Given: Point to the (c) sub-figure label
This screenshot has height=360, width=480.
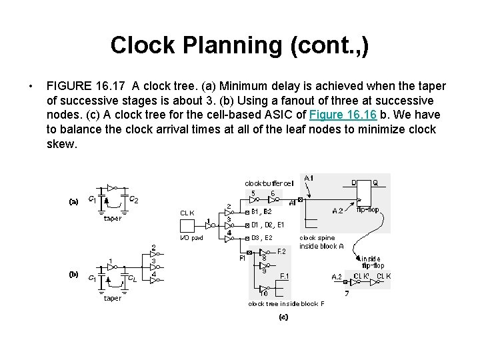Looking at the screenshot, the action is (283, 317).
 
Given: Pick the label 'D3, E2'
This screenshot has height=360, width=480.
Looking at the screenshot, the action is (261, 238).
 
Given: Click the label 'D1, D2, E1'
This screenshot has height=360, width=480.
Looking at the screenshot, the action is (267, 225).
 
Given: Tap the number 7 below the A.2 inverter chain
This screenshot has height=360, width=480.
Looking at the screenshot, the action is (347, 293).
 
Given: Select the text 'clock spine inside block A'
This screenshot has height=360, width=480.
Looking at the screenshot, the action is (321, 242).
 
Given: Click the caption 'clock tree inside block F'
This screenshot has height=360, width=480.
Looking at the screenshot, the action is (286, 304).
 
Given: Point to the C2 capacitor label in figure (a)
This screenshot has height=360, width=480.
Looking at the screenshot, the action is (133, 199).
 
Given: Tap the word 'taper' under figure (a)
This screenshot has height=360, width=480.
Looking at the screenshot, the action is (113, 218).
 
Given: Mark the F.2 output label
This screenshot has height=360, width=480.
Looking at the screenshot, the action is (281, 251).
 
